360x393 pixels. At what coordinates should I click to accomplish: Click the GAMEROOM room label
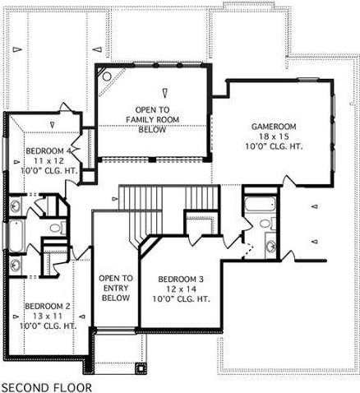point(274,127)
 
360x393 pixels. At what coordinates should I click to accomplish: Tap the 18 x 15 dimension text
point(274,136)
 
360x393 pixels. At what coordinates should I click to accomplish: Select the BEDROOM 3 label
point(181,280)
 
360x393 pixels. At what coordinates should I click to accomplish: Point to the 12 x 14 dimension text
point(181,289)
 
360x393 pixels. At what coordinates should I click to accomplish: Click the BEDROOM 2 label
point(48,306)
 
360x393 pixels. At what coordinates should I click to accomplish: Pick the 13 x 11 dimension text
point(48,316)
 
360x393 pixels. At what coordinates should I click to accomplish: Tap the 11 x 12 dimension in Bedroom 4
point(48,160)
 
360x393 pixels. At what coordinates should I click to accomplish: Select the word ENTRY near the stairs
point(116,288)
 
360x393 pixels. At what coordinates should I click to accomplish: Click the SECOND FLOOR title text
point(47,388)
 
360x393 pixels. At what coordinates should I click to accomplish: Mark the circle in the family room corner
point(107,76)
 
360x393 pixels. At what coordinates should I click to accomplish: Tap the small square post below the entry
point(141,368)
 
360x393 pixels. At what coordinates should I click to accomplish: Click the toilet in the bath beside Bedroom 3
point(268,224)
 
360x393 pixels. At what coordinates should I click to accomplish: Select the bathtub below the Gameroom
point(260,204)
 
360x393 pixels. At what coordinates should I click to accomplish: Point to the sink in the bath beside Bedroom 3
point(271,245)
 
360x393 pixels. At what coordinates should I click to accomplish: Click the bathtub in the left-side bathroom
point(16,236)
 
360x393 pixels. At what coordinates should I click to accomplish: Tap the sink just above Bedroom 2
point(15,266)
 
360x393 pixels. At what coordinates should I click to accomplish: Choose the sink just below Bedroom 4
point(16,206)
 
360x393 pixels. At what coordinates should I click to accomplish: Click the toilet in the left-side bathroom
point(58,228)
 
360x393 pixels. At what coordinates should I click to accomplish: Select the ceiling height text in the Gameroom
point(274,146)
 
